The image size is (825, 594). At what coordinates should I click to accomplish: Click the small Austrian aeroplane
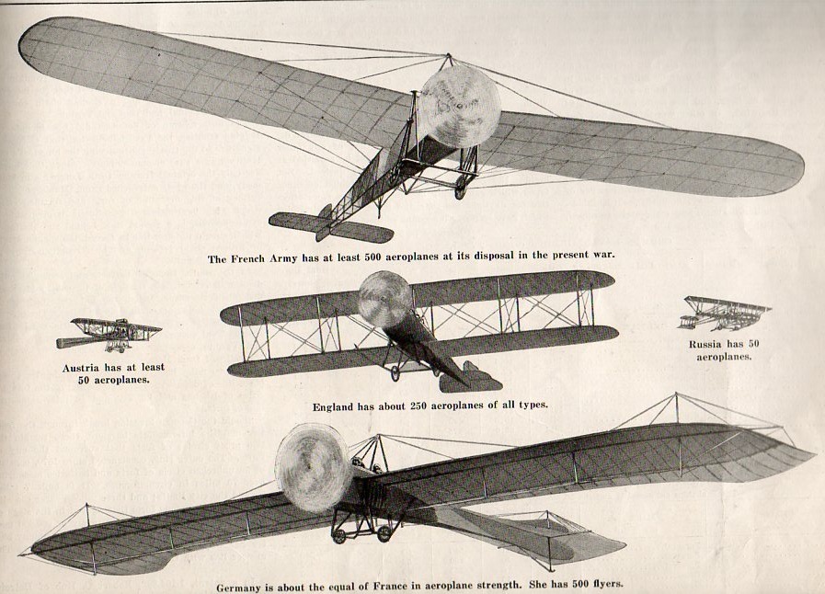point(109,334)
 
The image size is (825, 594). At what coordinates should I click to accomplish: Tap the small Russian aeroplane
point(724,313)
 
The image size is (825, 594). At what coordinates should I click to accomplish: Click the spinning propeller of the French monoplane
point(459,107)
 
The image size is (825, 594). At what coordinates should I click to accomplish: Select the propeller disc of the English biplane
point(385,299)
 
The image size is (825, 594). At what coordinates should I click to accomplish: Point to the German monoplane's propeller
point(313,467)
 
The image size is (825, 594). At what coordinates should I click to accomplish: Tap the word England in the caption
point(335,405)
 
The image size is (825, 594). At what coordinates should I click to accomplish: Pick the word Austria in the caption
point(80,367)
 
